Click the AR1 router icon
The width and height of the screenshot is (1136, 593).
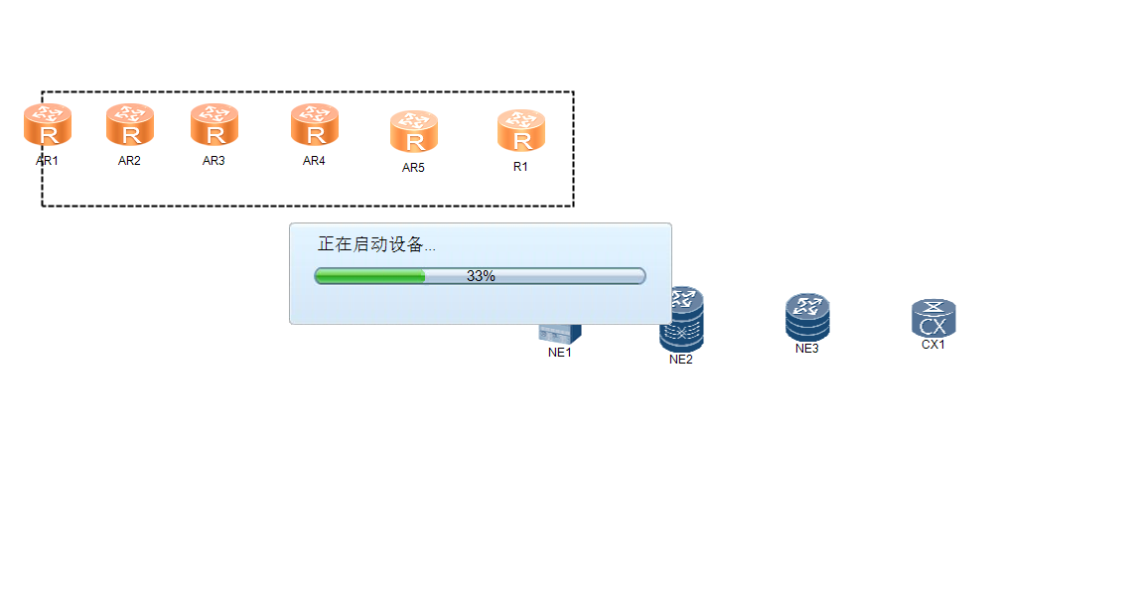coord(48,126)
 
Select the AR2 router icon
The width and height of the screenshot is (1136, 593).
coord(130,126)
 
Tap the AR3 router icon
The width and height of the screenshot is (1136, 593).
coord(214,126)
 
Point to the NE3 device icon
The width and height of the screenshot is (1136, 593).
coord(807,317)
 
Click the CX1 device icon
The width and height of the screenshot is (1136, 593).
coord(933,318)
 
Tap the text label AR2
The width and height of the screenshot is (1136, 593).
coord(130,161)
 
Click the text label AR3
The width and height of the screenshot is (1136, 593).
coord(213,161)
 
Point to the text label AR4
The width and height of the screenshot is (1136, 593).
coord(314,161)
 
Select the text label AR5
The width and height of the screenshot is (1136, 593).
coord(413,168)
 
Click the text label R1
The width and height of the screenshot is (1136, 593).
coord(520,167)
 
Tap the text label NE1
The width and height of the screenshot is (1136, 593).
coord(560,353)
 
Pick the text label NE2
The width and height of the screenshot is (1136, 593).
coord(680,360)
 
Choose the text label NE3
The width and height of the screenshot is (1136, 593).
coord(807,349)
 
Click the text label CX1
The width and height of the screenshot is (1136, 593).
coord(933,345)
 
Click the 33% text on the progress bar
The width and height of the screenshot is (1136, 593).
coord(481,276)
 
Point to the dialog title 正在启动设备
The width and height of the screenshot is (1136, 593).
coord(375,245)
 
